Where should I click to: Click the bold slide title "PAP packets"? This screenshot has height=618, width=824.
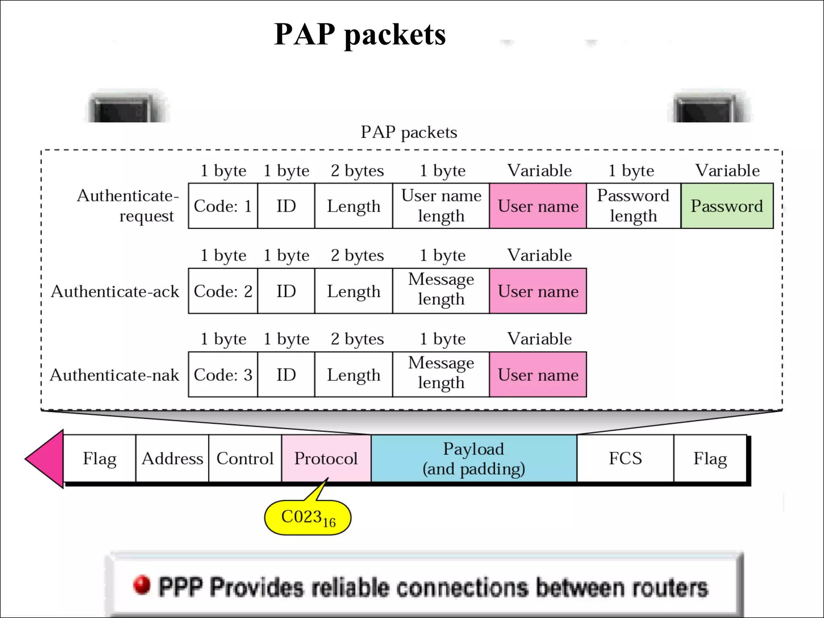click(360, 35)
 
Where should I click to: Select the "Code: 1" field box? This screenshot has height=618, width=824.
click(222, 206)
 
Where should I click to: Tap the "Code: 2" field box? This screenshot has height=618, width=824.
click(222, 291)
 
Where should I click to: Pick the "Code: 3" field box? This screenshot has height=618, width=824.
click(222, 375)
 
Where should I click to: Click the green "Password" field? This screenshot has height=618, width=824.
click(727, 206)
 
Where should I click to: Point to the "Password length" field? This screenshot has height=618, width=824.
click(633, 206)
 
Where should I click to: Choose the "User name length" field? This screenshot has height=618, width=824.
click(441, 206)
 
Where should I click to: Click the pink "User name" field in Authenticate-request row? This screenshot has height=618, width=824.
click(538, 206)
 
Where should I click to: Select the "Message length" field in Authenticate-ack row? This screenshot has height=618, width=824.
click(441, 291)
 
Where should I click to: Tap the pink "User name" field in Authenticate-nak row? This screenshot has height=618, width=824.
click(538, 375)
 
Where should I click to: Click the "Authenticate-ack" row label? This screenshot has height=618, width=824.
click(115, 291)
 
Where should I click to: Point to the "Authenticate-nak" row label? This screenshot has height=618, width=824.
click(114, 375)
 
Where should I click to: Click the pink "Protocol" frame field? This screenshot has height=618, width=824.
click(326, 458)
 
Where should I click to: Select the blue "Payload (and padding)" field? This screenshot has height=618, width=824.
click(474, 458)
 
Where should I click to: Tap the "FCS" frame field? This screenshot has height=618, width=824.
click(625, 458)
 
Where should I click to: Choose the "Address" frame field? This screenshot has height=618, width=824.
click(172, 458)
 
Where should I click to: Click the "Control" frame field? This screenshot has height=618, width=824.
click(245, 458)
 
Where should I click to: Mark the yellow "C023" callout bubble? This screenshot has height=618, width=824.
click(308, 518)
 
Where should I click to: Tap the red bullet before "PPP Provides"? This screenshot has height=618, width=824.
click(142, 585)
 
